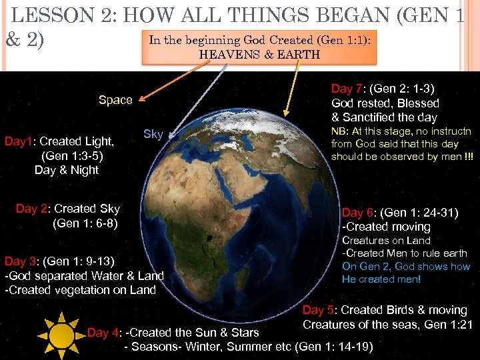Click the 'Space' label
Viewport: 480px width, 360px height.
click(x=115, y=100)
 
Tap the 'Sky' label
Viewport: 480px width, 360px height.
click(x=153, y=134)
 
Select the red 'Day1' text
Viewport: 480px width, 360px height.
click(x=20, y=141)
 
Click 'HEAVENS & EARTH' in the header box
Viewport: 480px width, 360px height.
click(x=259, y=55)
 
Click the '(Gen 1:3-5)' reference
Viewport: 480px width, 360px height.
click(x=71, y=155)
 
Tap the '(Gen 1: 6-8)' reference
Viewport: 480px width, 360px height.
click(x=85, y=223)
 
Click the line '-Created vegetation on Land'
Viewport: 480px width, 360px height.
click(x=80, y=289)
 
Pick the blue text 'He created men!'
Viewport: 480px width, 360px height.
click(x=381, y=279)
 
